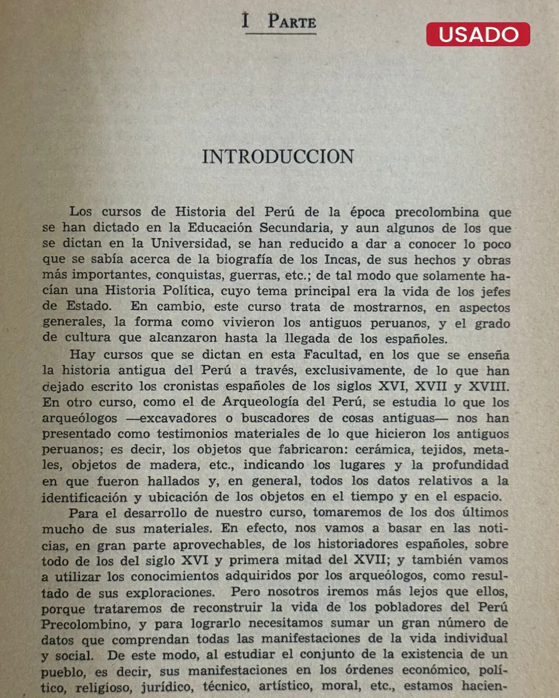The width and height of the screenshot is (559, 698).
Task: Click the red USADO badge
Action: point(478,34)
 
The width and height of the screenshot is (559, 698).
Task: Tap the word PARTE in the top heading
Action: point(292,22)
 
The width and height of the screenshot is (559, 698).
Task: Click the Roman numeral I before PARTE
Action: point(245,21)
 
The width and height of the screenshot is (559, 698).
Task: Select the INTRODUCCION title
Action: point(278,157)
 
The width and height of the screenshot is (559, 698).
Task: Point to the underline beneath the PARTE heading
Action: point(281,34)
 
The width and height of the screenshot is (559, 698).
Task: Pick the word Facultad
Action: point(332,355)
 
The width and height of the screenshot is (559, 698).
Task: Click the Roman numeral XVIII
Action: point(488,386)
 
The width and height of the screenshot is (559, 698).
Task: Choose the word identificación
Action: point(84,497)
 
